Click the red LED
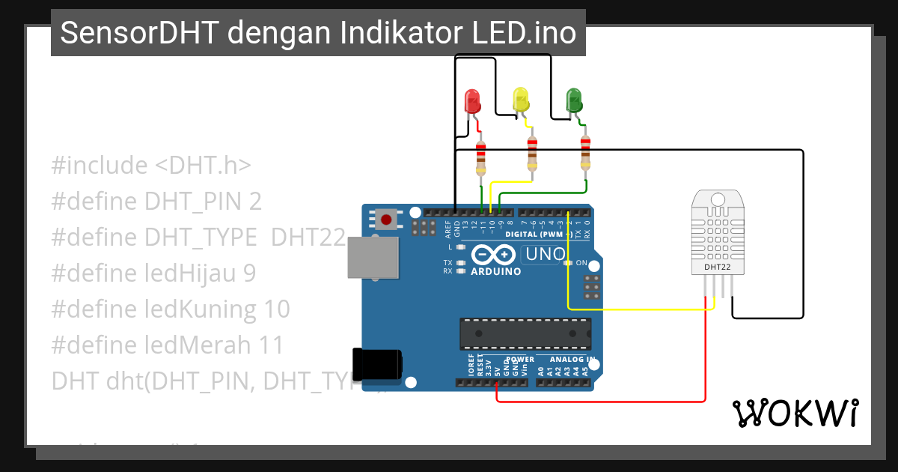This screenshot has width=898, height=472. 472,101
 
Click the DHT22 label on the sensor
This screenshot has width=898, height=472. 718,266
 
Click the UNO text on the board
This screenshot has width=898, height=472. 546,254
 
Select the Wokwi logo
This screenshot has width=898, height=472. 795,413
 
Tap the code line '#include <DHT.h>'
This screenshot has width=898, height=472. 151,166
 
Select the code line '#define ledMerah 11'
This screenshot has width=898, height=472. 168,345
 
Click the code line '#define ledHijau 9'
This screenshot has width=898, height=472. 153,273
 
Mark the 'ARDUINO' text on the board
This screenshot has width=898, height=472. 495,271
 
